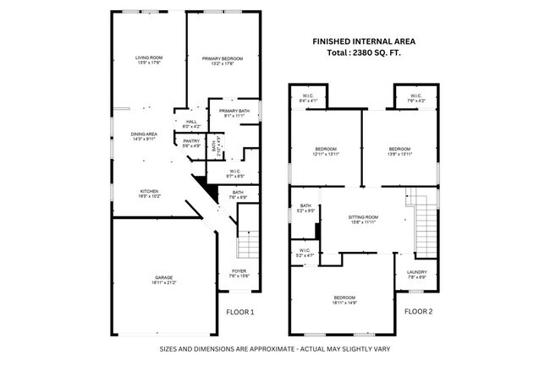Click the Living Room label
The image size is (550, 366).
[x=148, y=58]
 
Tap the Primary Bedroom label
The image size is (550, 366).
[x=223, y=58]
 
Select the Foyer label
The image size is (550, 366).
[x=239, y=272]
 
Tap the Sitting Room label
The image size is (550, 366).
[x=364, y=218]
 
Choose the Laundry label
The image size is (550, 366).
[x=418, y=272]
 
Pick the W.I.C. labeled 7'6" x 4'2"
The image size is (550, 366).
[x=416, y=97]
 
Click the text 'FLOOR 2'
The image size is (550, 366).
[x=417, y=312]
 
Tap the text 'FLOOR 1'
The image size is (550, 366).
[x=239, y=312]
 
